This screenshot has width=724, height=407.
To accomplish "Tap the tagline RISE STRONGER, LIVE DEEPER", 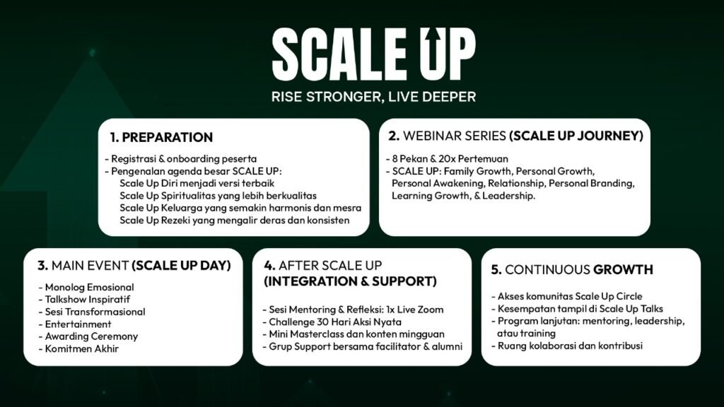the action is [373, 97].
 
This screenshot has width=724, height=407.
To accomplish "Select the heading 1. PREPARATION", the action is [161, 137].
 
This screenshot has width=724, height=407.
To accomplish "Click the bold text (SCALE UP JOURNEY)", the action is [576, 136].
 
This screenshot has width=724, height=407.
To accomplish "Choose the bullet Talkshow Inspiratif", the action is [84, 300].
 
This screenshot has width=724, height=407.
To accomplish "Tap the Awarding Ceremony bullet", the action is [88, 336].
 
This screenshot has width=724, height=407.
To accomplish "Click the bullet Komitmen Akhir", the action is [78, 349].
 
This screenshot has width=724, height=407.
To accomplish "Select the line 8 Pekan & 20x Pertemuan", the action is [447, 159].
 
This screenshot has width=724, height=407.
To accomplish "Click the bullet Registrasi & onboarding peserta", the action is [180, 159].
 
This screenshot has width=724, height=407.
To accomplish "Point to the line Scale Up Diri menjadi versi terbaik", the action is [197, 183].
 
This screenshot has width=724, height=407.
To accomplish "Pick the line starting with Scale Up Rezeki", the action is [235, 220].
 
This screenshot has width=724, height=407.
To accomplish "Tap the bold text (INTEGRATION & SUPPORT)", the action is [351, 281].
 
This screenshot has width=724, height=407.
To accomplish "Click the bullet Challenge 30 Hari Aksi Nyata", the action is [332, 322].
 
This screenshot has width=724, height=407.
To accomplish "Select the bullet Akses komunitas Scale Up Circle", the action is [566, 296].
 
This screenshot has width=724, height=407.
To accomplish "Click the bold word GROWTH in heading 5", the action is [623, 269].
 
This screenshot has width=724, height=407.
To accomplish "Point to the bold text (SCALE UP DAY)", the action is [182, 266].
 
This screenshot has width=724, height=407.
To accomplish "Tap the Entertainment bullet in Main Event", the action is [75, 324].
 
